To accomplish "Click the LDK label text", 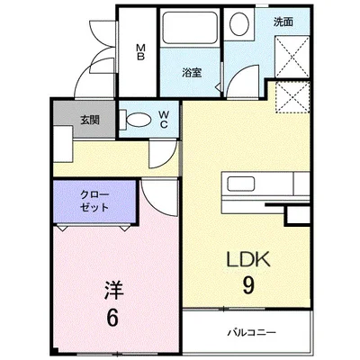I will point(247,261).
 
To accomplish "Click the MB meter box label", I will point(141,52).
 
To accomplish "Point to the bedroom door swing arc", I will point(155,200).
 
